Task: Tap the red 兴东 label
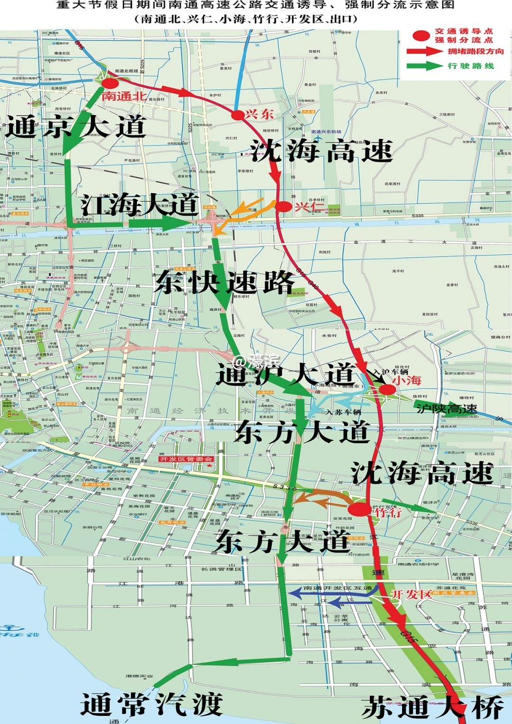coord(259,114)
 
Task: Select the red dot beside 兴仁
coord(283,207)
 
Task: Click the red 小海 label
coord(407,380)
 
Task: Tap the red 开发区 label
coord(411,594)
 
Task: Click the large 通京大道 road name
coord(75,127)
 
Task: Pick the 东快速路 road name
coord(225,283)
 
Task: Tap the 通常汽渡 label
coord(151,704)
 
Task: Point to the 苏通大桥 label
coord(432,708)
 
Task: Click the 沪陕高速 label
coord(447,408)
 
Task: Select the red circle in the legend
coord(420,36)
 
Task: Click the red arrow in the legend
coord(424,51)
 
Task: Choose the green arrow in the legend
coord(424,65)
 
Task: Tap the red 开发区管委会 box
coord(186,459)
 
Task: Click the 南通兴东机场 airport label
coord(326,132)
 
